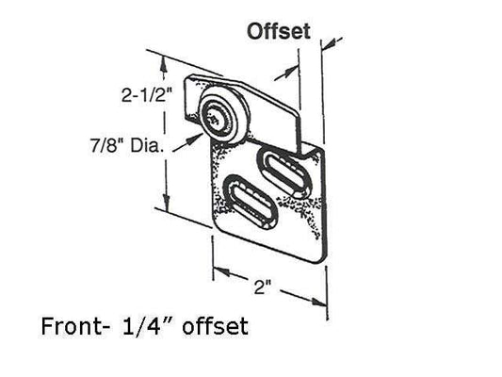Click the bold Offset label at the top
tap(279, 31)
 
